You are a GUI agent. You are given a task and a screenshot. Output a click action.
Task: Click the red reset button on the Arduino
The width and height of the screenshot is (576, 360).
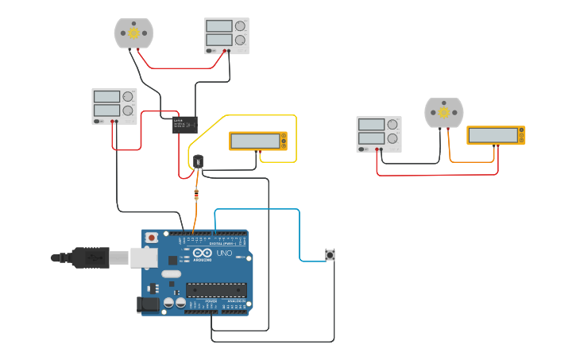tap(151, 238)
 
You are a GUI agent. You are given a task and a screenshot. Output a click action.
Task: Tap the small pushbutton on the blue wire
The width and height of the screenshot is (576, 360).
tap(330, 254)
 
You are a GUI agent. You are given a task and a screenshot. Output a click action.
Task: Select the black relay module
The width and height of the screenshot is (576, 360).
tap(185, 124)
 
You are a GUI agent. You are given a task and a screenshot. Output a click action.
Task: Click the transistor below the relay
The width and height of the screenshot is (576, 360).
tap(198, 161)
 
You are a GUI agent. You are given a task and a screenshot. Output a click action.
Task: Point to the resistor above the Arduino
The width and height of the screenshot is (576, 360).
tap(196, 195)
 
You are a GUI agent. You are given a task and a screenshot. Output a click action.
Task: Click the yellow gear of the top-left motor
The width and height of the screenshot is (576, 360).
tap(133, 33)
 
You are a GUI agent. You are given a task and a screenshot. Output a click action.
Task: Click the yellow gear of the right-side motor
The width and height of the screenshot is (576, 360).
tap(443, 113)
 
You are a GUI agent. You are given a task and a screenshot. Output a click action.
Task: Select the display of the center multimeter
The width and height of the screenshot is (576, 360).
tap(255, 141)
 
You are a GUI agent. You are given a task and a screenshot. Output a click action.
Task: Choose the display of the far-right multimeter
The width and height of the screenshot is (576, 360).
tap(493, 135)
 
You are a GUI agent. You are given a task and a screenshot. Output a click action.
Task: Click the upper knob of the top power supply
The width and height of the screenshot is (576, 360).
tap(240, 26)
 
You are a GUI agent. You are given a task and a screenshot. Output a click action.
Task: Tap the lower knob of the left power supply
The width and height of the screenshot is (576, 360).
tap(128, 110)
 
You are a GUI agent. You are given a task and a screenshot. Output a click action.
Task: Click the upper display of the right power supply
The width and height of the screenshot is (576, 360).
tap(371, 125)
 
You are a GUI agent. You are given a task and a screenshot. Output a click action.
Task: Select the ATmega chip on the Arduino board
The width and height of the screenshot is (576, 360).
tap(216, 290)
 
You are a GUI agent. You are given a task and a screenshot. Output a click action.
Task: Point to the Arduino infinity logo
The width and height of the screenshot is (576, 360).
tap(185, 254)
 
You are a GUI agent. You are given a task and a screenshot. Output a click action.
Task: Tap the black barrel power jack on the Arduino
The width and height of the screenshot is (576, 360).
tap(149, 304)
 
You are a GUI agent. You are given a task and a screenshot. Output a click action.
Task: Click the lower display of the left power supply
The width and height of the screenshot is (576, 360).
tap(106, 110)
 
